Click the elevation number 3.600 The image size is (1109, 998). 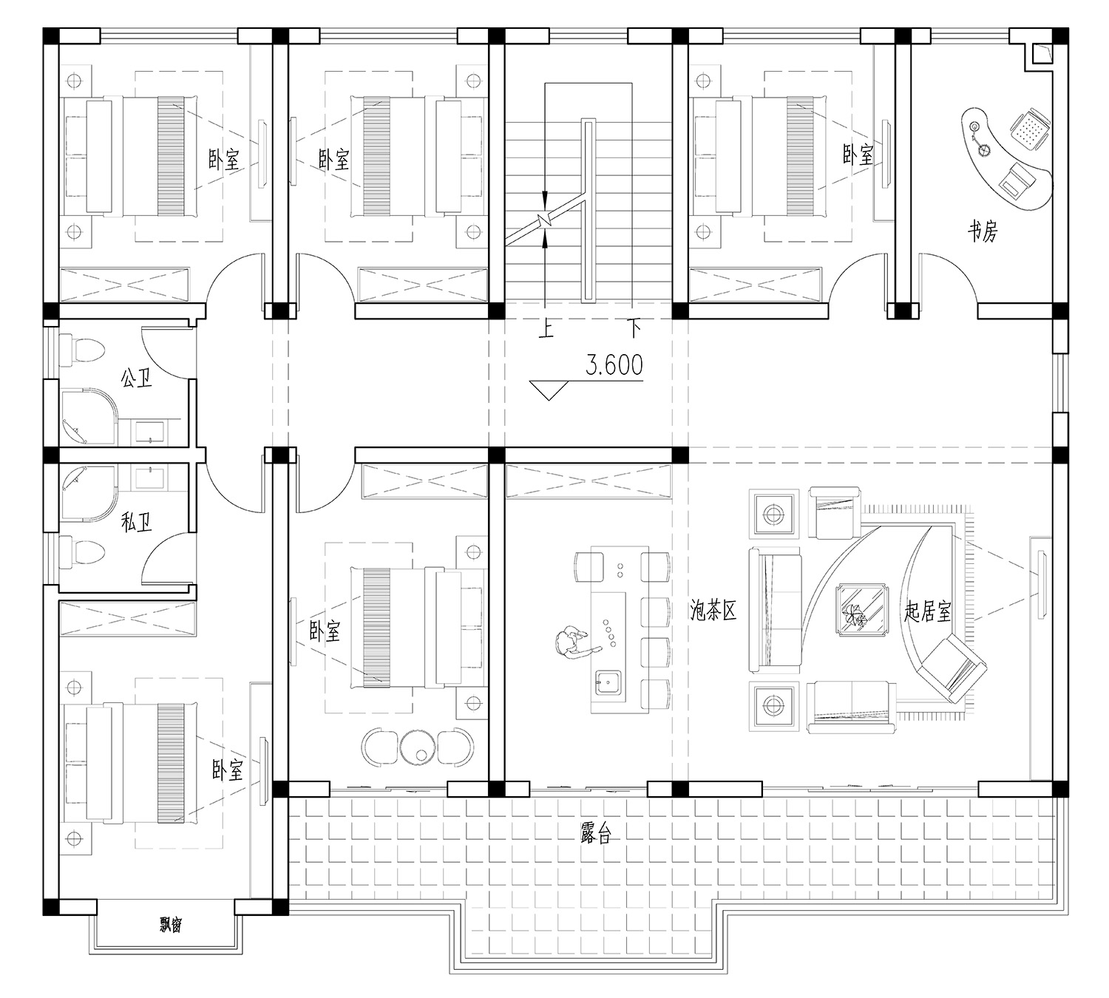tap(614, 365)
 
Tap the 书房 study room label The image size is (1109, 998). tap(983, 231)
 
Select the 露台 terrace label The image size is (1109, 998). tap(595, 832)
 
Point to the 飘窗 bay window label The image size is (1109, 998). tap(171, 925)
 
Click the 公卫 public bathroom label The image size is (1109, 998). tap(136, 379)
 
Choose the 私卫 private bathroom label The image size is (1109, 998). tap(136, 522)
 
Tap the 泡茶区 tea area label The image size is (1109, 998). tap(713, 611)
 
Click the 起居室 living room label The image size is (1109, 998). tap(928, 611)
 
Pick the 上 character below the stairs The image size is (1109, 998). tap(546, 330)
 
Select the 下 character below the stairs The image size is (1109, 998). tap(634, 330)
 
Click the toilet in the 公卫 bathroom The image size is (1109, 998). tap(82, 350)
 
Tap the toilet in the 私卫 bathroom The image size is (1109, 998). tap(82, 551)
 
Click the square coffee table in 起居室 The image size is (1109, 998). tap(862, 610)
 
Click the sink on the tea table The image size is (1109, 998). tap(608, 683)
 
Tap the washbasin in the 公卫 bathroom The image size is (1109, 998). tap(149, 433)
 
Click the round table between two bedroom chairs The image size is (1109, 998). tap(418, 749)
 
